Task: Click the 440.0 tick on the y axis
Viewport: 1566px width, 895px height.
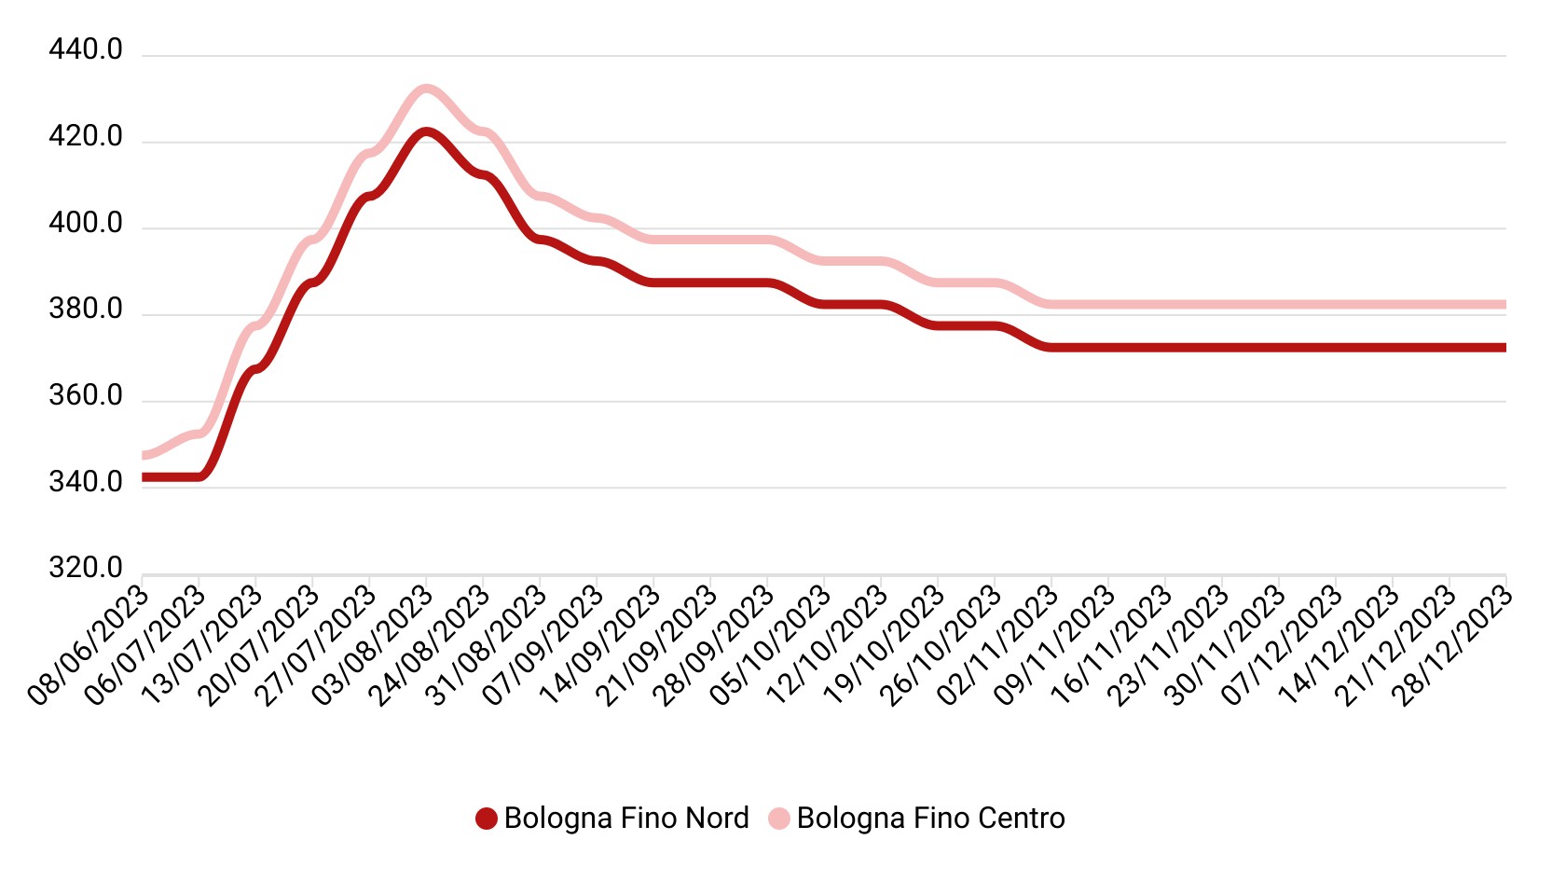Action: point(86,49)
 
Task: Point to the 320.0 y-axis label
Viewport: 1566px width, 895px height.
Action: point(86,568)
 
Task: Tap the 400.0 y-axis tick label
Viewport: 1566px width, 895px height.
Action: point(86,223)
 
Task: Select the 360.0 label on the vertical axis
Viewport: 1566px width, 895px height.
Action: point(86,395)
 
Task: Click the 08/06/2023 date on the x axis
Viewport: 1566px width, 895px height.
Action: point(89,645)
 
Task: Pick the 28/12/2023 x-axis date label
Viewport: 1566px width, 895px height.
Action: point(1452,645)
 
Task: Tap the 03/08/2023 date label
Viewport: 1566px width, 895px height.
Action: point(373,645)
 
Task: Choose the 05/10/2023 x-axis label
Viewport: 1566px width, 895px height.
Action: point(771,645)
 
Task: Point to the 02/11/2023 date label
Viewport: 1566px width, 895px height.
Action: point(998,645)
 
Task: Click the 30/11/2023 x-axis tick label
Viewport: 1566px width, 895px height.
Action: point(1226,645)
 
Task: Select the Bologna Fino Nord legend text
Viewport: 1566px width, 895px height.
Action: point(626,819)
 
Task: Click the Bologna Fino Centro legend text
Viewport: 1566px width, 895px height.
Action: point(930,819)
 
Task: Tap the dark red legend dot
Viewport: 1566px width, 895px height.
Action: point(486,819)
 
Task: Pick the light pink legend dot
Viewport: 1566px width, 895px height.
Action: point(779,819)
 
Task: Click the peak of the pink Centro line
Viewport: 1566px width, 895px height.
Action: point(426,89)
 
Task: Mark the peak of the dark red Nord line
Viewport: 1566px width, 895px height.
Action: point(426,132)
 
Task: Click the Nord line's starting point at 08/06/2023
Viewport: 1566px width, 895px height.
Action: point(144,477)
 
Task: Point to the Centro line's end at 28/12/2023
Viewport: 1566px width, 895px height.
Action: point(1504,305)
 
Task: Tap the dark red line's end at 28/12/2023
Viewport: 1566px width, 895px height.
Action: point(1504,348)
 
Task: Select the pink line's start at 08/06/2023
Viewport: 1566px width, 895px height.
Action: point(144,455)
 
